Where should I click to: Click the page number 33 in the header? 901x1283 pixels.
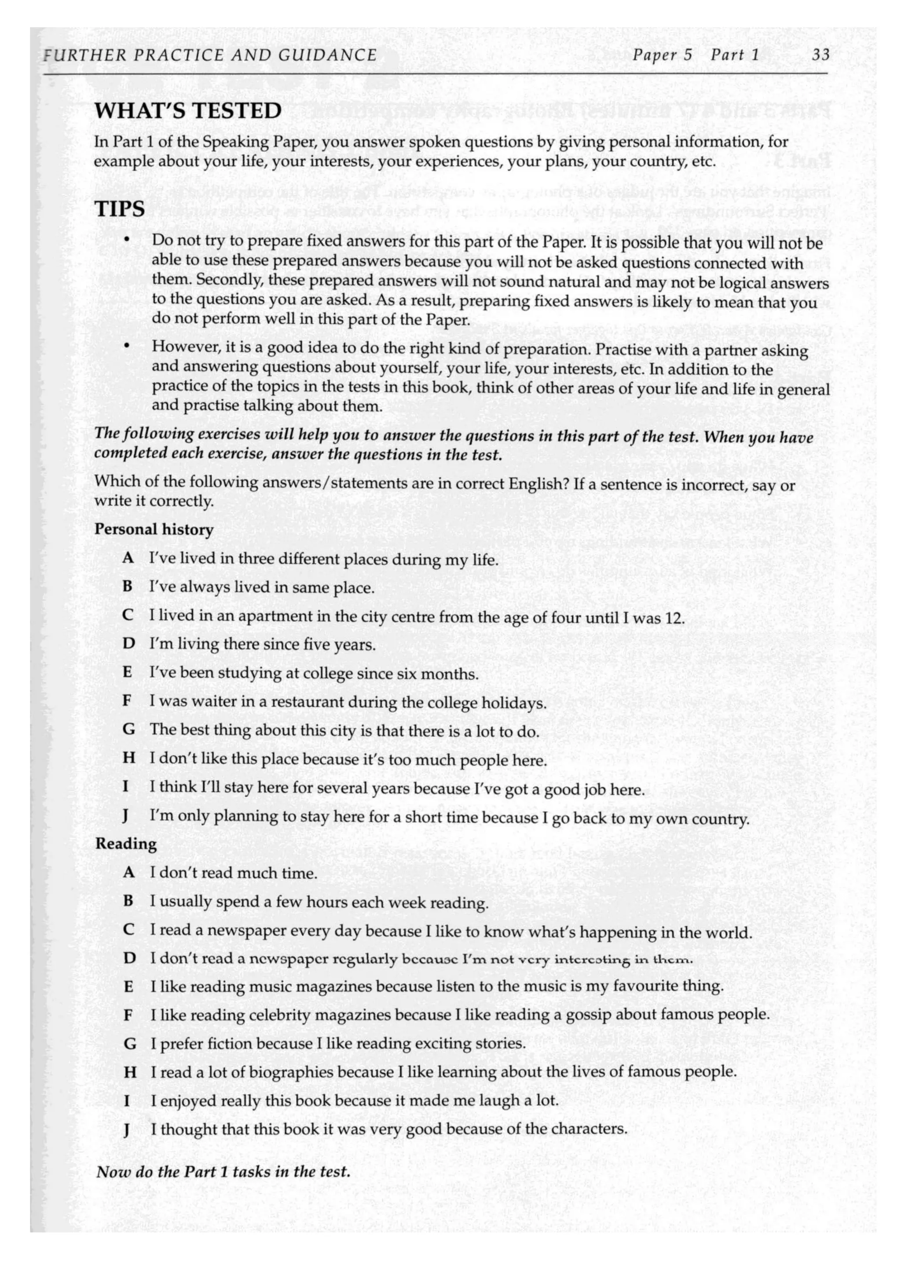[820, 55]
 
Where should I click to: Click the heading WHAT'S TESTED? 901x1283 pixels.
[188, 111]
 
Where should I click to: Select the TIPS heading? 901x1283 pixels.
[120, 209]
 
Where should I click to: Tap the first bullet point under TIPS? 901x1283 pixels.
[128, 241]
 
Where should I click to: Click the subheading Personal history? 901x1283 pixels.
[154, 529]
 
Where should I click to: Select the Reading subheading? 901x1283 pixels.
[126, 843]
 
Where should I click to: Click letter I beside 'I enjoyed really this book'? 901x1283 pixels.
[127, 1100]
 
